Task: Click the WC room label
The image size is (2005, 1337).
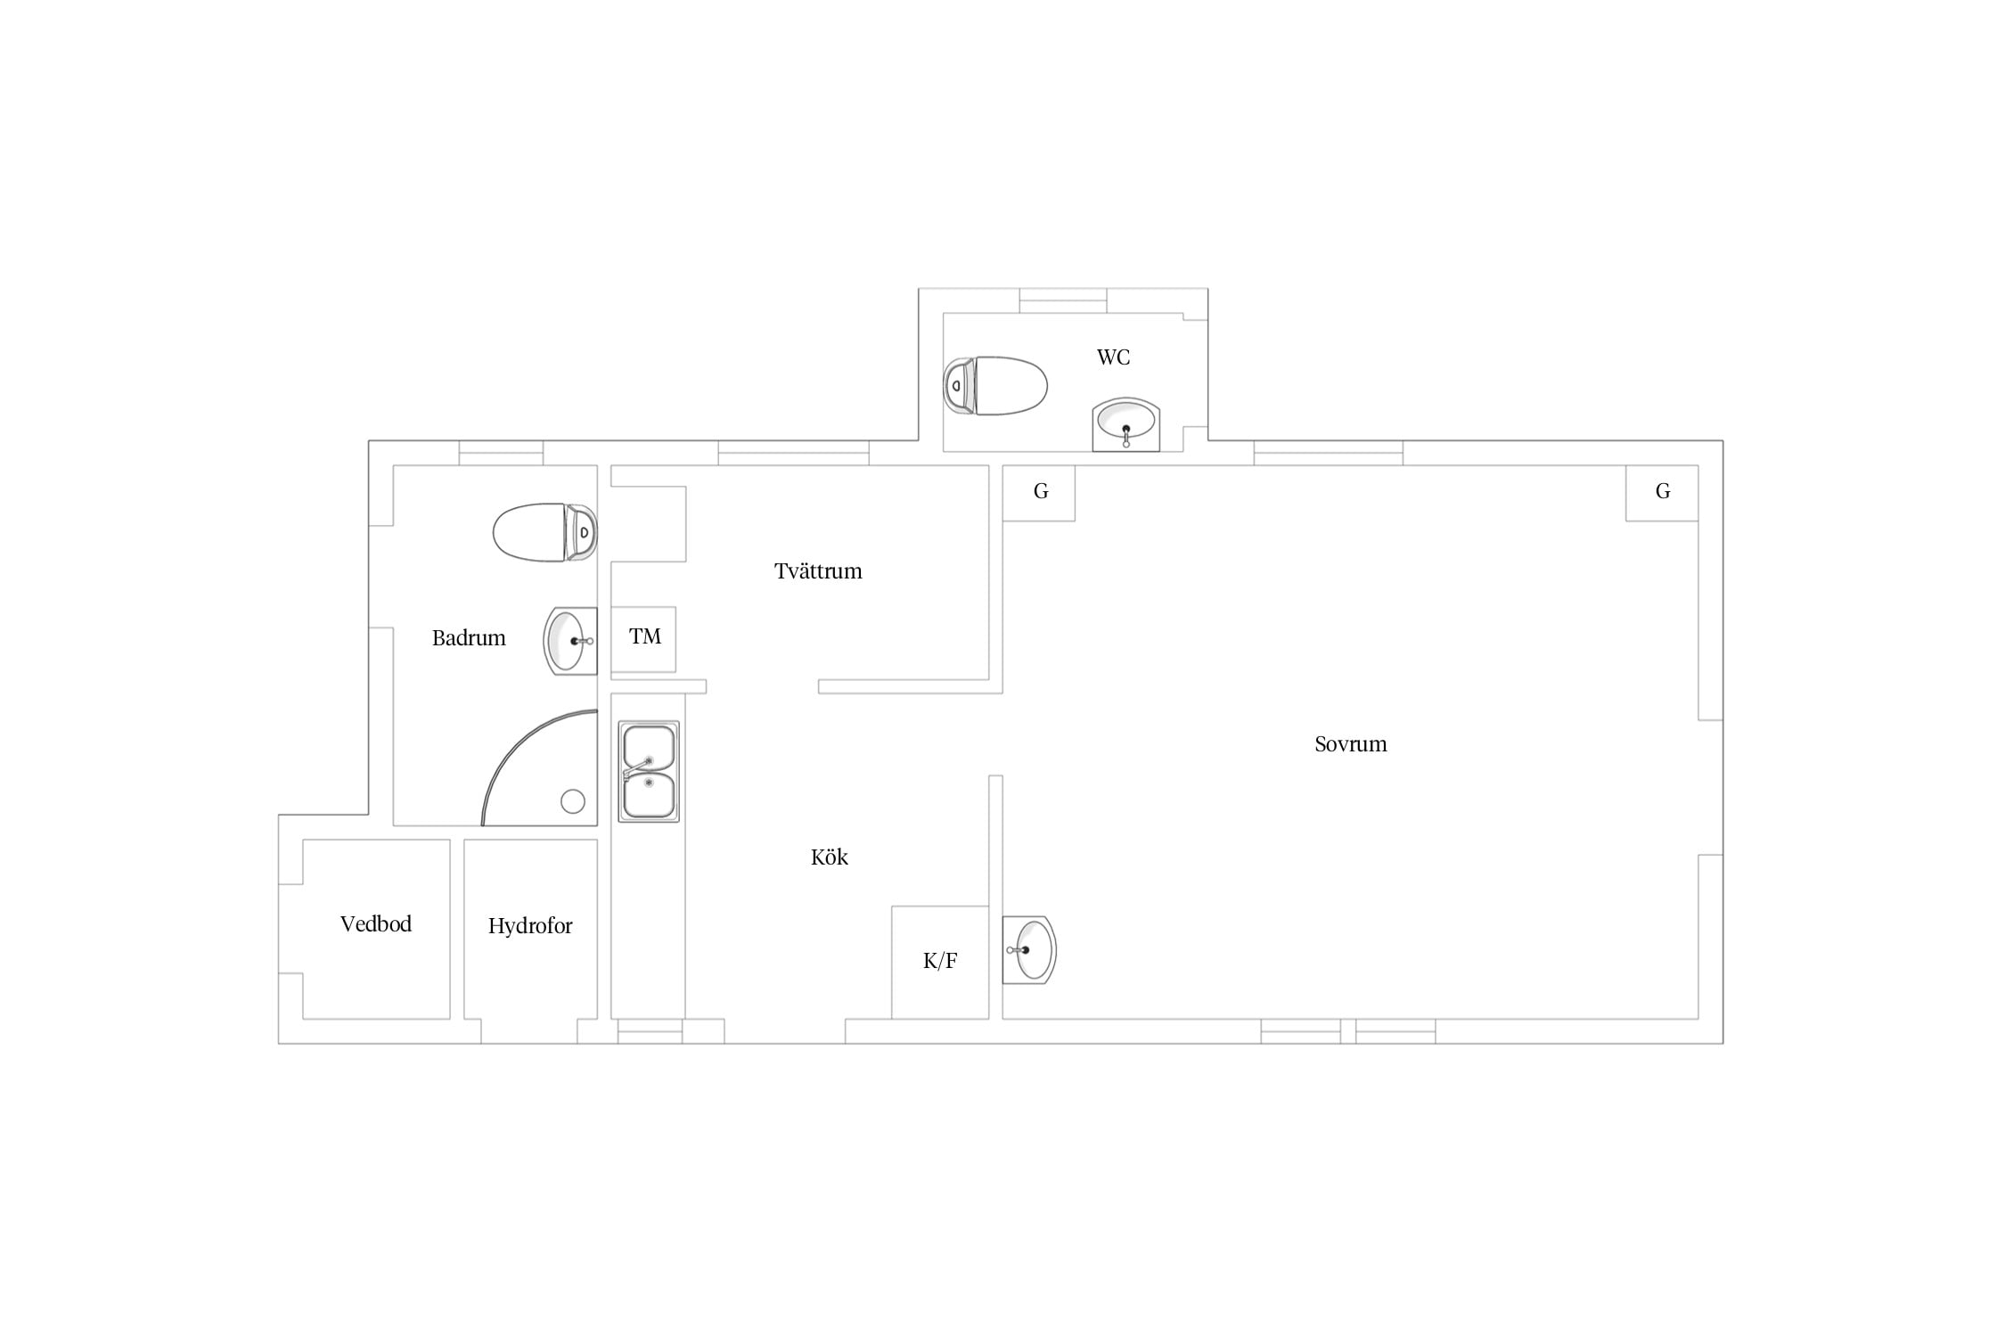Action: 1113,357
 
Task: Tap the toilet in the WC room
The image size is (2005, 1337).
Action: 995,386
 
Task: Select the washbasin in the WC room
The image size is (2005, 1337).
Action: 1126,424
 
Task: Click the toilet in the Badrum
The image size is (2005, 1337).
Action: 545,532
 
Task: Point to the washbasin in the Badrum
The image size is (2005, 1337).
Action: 570,641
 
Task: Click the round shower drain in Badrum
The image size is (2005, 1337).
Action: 573,801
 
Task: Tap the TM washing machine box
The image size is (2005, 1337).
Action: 643,639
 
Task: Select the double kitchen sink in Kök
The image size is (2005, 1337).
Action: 649,771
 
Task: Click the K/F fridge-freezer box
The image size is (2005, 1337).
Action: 940,963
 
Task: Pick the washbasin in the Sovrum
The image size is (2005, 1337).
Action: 1029,950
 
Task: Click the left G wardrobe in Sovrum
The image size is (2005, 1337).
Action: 1039,493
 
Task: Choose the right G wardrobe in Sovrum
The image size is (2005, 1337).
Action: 1662,493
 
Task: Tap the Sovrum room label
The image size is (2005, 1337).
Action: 1351,744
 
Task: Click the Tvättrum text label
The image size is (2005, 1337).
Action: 818,571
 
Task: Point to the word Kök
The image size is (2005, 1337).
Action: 830,857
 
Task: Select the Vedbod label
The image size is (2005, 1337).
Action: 376,924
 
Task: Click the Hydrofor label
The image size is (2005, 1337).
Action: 530,927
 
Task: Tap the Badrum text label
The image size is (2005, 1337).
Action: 469,638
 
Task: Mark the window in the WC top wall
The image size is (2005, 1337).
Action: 1063,300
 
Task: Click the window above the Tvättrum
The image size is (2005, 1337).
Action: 794,453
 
